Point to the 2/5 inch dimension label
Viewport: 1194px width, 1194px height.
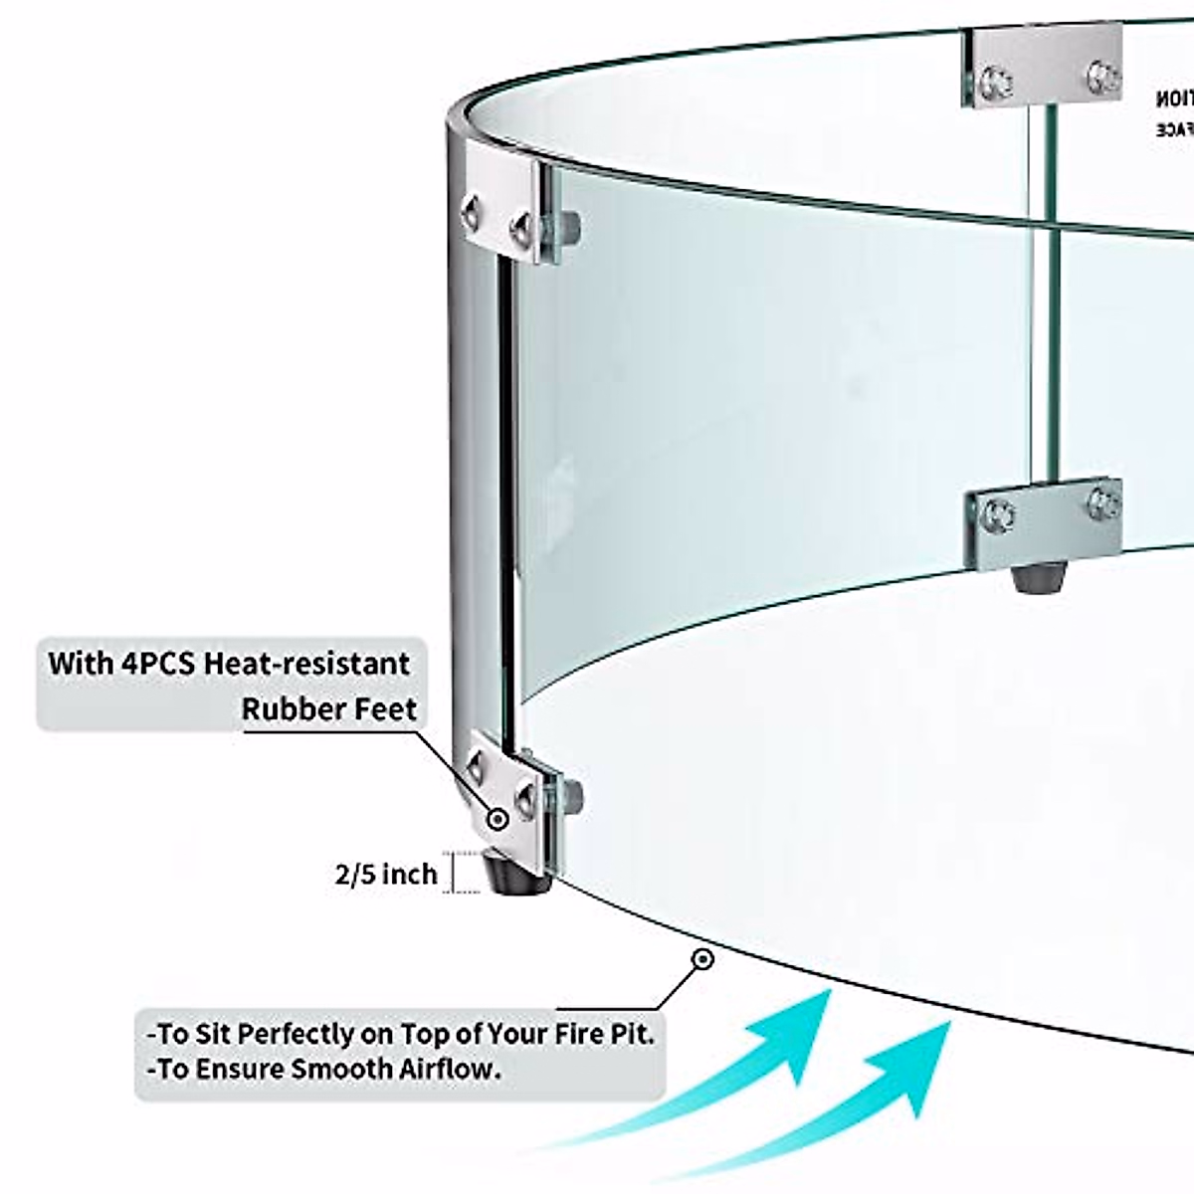tap(386, 875)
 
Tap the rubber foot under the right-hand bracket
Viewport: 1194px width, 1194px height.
tap(1035, 577)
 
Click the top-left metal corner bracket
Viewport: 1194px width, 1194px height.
tap(507, 204)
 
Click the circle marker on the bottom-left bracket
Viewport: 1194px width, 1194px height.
tap(497, 819)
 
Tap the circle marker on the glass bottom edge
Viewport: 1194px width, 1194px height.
tap(702, 960)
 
